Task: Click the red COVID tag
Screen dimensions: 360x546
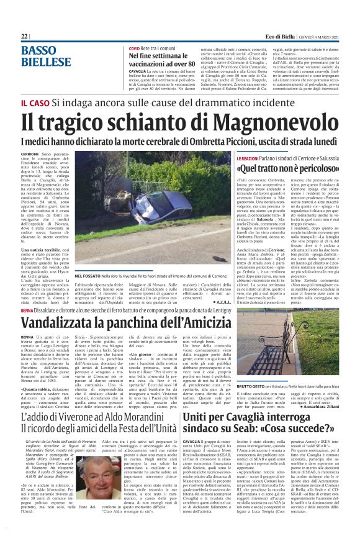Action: pyautogui.click(x=134, y=48)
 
